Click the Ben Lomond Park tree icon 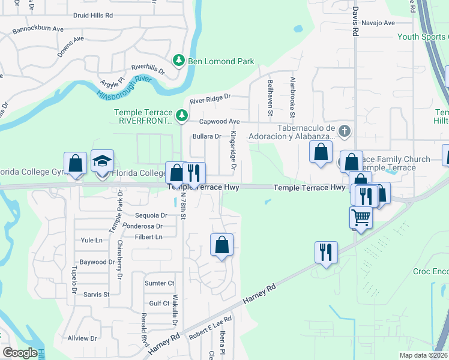179,61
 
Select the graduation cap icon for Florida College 102,161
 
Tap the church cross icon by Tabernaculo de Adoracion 345,130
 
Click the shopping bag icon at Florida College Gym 76,163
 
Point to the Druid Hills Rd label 92,16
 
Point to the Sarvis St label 97,295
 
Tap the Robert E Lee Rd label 210,328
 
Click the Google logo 20,353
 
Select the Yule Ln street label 92,240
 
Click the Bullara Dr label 207,136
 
